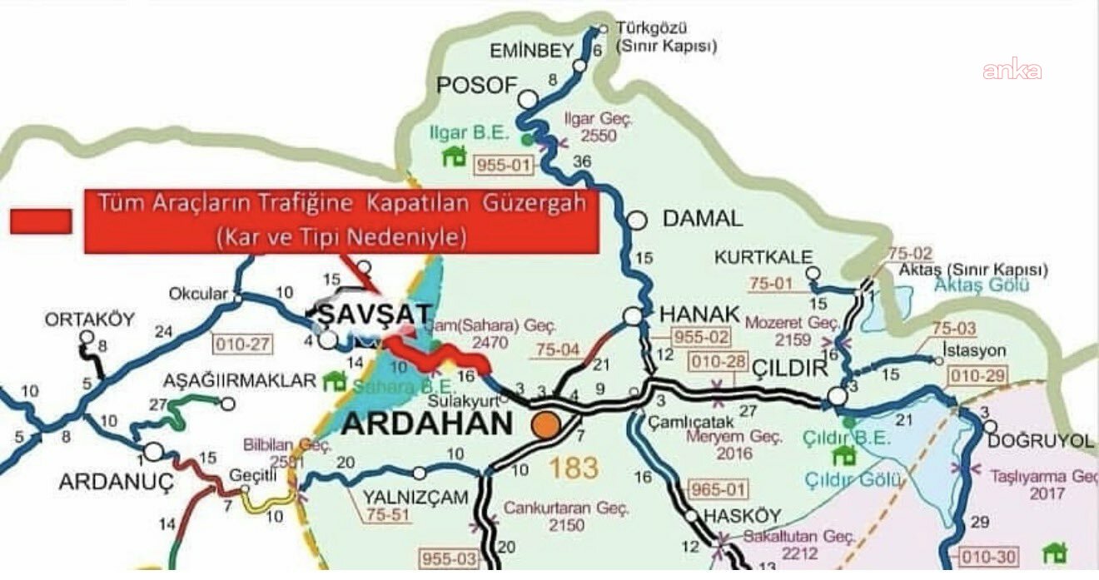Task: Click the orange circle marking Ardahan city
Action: [546, 424]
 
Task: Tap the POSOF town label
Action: [477, 85]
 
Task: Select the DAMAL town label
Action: [702, 220]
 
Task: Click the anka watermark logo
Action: [1012, 71]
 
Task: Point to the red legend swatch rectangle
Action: [41, 221]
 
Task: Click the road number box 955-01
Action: [503, 166]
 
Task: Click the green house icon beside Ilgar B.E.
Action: [454, 156]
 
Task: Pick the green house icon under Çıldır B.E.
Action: [844, 455]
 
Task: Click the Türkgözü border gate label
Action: [665, 37]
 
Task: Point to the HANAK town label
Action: [699, 314]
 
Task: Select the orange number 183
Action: [573, 468]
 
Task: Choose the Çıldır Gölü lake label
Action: [853, 480]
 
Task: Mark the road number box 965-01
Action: [719, 489]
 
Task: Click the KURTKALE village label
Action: [762, 258]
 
